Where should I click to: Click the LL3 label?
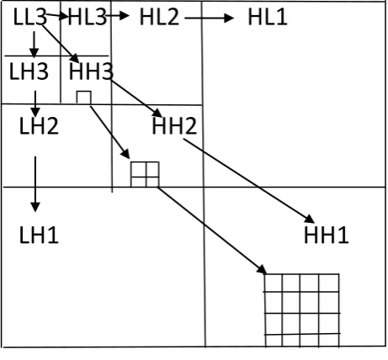pyautogui.click(x=29, y=17)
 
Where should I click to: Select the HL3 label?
pyautogui.click(x=88, y=17)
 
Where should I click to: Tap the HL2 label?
pyautogui.click(x=159, y=17)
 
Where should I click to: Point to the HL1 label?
pyautogui.click(x=268, y=17)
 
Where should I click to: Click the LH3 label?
pyautogui.click(x=29, y=71)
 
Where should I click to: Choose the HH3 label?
pyautogui.click(x=91, y=71)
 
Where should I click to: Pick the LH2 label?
pyautogui.click(x=39, y=125)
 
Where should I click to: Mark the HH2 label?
pyautogui.click(x=174, y=125)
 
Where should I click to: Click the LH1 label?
pyautogui.click(x=39, y=235)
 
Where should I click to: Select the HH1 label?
pyautogui.click(x=326, y=235)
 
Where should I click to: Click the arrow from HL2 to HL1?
pyautogui.click(x=210, y=18)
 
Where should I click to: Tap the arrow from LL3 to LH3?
pyautogui.click(x=35, y=45)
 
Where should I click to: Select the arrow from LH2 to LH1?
pyautogui.click(x=35, y=184)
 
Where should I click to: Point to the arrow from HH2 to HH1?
pyautogui.click(x=249, y=181)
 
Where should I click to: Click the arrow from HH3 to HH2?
pyautogui.click(x=136, y=98)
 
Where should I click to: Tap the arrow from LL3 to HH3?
pyautogui.click(x=61, y=44)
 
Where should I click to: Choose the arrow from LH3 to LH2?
pyautogui.click(x=35, y=103)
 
